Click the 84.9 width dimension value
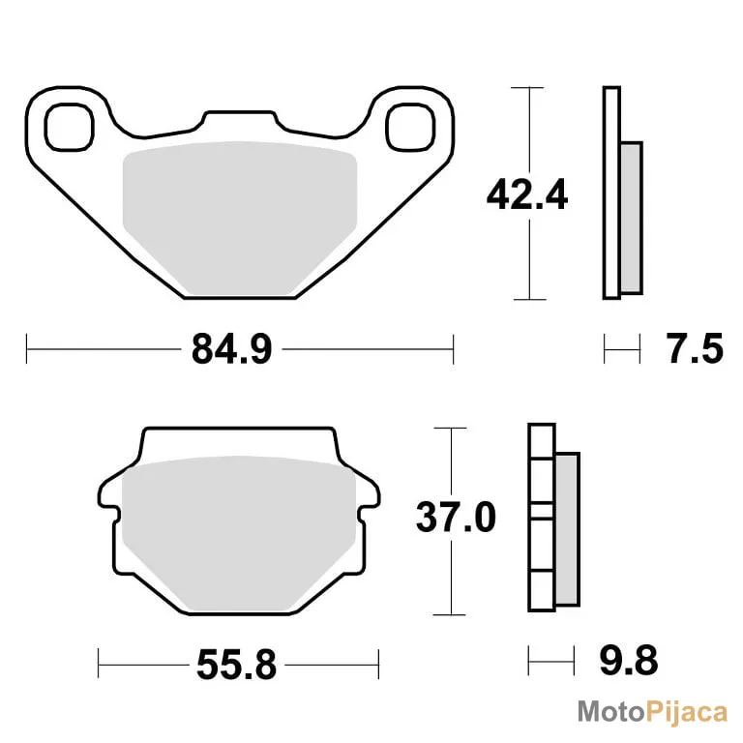tap(232, 348)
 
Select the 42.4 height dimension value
tap(527, 194)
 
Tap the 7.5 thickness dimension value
tap(695, 348)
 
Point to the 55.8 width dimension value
tap(236, 665)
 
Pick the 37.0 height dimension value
tap(456, 517)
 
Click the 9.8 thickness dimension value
tap(629, 660)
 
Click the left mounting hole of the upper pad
tap(70, 127)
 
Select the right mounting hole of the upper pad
tap(410, 127)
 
